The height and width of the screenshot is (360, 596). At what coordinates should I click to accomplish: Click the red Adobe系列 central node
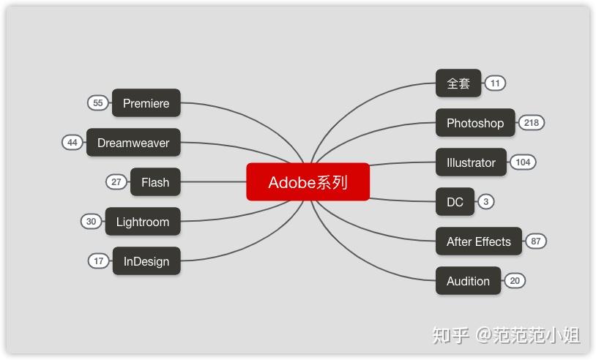click(308, 181)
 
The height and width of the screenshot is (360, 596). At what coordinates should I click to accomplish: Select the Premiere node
click(146, 103)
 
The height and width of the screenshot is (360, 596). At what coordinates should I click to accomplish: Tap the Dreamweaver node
click(133, 143)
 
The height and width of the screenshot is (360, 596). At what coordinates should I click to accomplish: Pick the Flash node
click(154, 182)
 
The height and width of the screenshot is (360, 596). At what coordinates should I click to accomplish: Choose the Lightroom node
click(142, 222)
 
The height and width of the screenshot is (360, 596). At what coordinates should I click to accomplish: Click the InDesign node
click(146, 261)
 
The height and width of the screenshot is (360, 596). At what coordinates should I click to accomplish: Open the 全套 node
click(458, 83)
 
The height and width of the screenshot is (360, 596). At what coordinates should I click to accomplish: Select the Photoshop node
click(475, 123)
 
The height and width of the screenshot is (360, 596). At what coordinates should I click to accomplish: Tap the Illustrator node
click(471, 162)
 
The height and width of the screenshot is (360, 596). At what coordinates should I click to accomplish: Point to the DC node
click(455, 202)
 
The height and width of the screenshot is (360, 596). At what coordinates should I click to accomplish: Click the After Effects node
click(478, 241)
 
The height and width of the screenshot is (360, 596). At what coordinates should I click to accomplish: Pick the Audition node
click(468, 281)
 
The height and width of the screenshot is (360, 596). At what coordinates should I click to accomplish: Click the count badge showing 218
click(532, 123)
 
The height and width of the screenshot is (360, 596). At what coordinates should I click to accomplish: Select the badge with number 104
click(523, 162)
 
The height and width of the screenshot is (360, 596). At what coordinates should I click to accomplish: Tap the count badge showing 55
click(98, 103)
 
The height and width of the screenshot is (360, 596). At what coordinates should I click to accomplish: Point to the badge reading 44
click(72, 143)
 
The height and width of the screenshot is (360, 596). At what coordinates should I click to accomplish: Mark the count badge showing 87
click(536, 241)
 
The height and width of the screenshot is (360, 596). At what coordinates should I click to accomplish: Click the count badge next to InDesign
click(99, 261)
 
